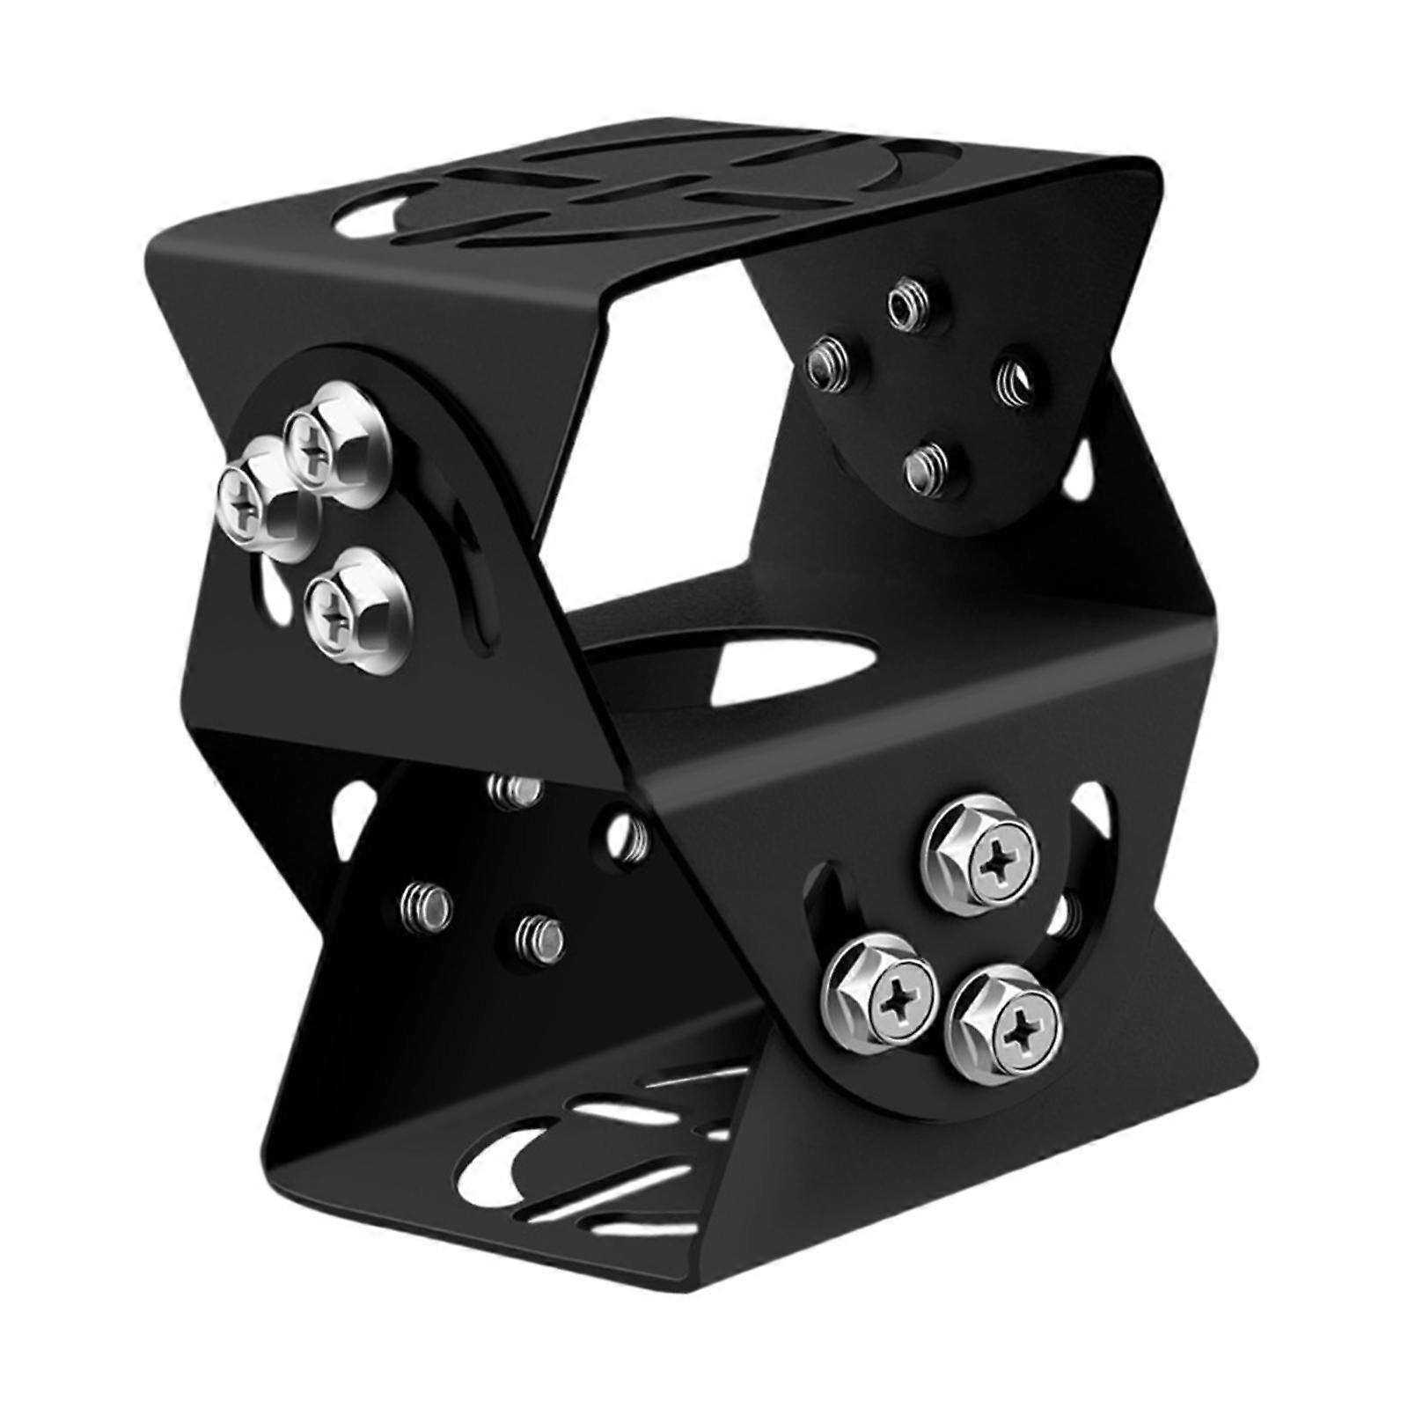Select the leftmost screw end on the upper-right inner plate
828,363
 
